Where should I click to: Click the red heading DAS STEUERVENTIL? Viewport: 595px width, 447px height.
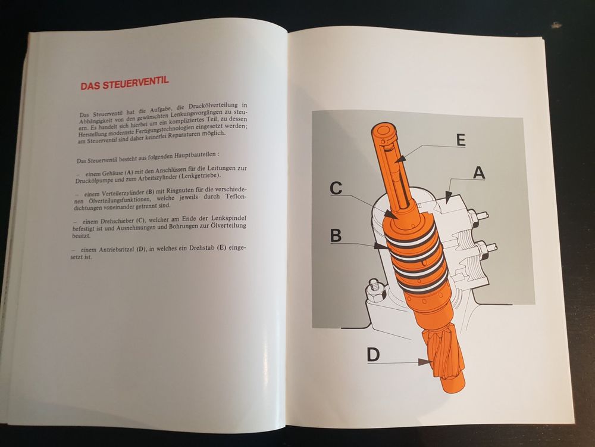[x=124, y=83]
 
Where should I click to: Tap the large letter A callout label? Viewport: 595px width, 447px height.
[x=479, y=173]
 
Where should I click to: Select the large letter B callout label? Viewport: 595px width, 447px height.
[x=336, y=235]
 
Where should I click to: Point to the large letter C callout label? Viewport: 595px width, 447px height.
[x=336, y=188]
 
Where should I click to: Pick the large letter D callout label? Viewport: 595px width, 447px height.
[x=373, y=354]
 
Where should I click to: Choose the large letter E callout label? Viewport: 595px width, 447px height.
[x=461, y=140]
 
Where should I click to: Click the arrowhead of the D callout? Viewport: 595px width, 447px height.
[x=425, y=362]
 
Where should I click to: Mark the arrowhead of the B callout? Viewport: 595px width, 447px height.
[x=381, y=246]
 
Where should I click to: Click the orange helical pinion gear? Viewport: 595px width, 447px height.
[x=443, y=353]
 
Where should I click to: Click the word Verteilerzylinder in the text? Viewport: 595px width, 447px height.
[x=118, y=193]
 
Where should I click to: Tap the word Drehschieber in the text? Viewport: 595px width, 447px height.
[x=117, y=221]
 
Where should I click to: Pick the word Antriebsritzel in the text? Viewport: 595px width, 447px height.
[x=117, y=250]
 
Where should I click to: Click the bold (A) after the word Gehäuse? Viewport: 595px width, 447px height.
[x=129, y=172]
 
